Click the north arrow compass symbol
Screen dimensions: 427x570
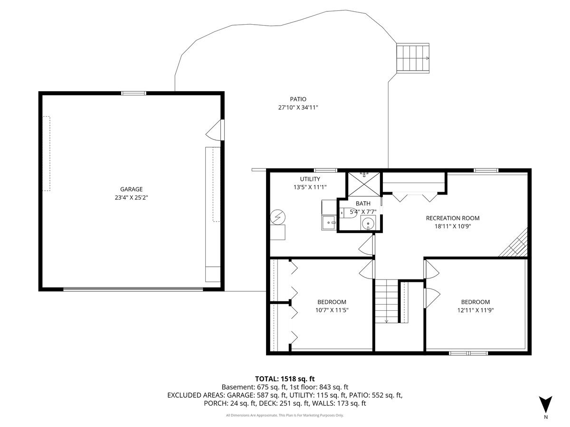click(x=546, y=405)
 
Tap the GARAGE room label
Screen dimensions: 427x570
click(x=131, y=189)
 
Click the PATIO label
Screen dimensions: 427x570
click(x=298, y=99)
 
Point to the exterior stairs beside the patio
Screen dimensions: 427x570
click(x=413, y=58)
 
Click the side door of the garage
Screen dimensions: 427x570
click(x=217, y=130)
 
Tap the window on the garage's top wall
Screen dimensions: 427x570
click(x=133, y=93)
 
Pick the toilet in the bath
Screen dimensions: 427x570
click(x=349, y=213)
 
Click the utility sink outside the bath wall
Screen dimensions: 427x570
click(x=329, y=222)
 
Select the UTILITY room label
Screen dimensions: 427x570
click(x=310, y=179)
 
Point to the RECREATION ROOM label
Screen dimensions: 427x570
click(x=452, y=218)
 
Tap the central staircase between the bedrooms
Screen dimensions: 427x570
click(x=386, y=301)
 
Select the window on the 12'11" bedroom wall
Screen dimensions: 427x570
click(x=468, y=353)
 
